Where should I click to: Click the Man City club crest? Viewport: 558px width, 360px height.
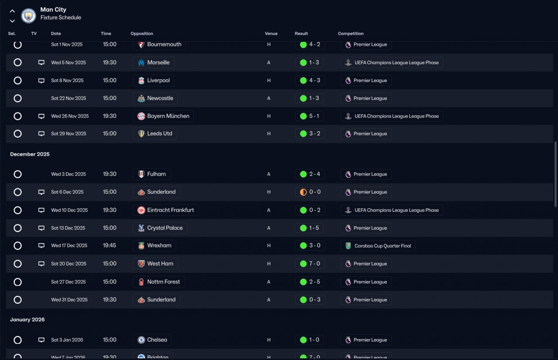coord(28,16)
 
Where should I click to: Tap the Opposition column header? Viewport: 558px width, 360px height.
coord(142,34)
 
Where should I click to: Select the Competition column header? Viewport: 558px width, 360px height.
coord(350,34)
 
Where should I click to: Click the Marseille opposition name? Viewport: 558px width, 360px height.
coord(158,62)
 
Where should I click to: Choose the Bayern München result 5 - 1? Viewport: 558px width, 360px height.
coord(314,116)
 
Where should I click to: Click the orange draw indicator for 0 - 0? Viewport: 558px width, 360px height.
coord(303,192)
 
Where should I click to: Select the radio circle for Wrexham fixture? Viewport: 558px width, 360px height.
coord(17,246)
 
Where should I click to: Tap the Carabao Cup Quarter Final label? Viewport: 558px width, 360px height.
coord(383,246)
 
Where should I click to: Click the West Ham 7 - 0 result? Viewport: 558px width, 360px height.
coord(314,264)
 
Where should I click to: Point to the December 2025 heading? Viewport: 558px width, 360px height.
coord(30,154)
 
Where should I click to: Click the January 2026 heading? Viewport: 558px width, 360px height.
coord(27,319)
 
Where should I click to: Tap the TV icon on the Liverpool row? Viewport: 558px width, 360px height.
coord(41,81)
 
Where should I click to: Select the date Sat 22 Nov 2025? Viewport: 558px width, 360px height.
coord(68,98)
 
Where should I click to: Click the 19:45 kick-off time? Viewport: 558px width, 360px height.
coord(109,245)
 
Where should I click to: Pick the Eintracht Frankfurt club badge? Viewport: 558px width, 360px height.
coord(141,210)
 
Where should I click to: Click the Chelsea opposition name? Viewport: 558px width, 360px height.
coord(157,340)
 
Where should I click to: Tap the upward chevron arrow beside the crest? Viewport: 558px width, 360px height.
coord(12,11)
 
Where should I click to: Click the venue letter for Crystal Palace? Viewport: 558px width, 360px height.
coord(269,228)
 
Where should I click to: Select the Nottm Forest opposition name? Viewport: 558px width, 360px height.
coord(163,282)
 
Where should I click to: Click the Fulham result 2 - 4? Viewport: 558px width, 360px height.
coord(315,174)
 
